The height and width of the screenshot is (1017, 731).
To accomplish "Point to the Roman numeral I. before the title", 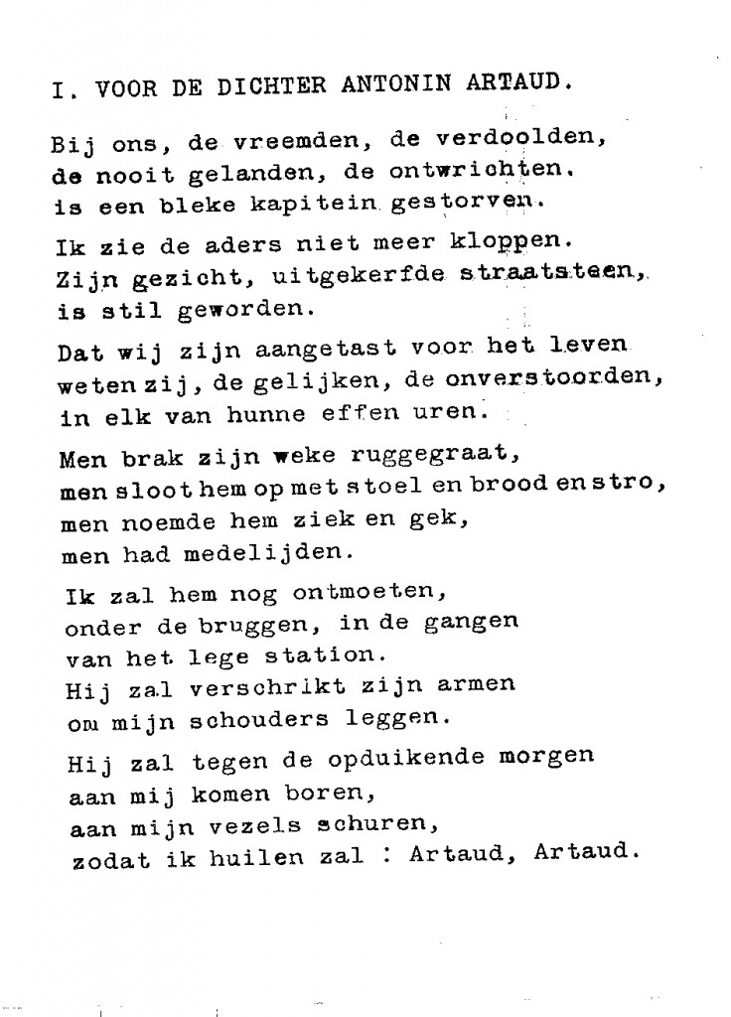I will point(61,89).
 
